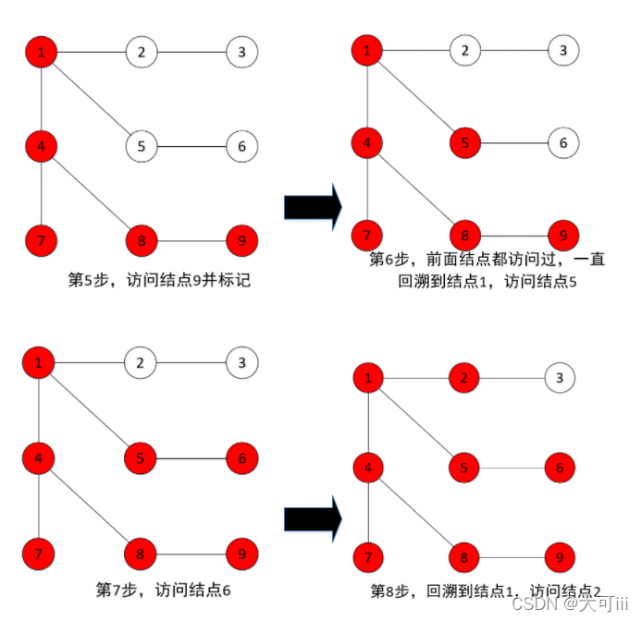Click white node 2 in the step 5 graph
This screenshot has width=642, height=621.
(142, 52)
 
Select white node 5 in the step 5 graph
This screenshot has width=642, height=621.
(142, 146)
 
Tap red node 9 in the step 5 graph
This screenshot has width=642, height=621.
(241, 241)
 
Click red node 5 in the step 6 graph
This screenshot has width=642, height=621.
(466, 143)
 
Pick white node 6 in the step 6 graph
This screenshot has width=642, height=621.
(563, 143)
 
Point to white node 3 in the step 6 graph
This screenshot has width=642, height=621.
(563, 50)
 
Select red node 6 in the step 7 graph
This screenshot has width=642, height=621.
(241, 457)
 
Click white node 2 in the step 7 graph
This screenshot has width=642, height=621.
(141, 362)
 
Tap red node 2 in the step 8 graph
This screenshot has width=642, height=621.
(465, 376)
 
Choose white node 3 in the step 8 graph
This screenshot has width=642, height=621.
(559, 376)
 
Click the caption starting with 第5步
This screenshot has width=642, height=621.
(159, 280)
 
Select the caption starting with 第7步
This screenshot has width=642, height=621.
(163, 588)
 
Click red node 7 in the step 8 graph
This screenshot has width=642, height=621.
(369, 557)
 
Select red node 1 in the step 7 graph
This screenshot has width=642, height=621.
(39, 362)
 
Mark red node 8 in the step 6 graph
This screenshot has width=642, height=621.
(466, 235)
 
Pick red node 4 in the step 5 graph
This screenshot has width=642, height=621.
(41, 145)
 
